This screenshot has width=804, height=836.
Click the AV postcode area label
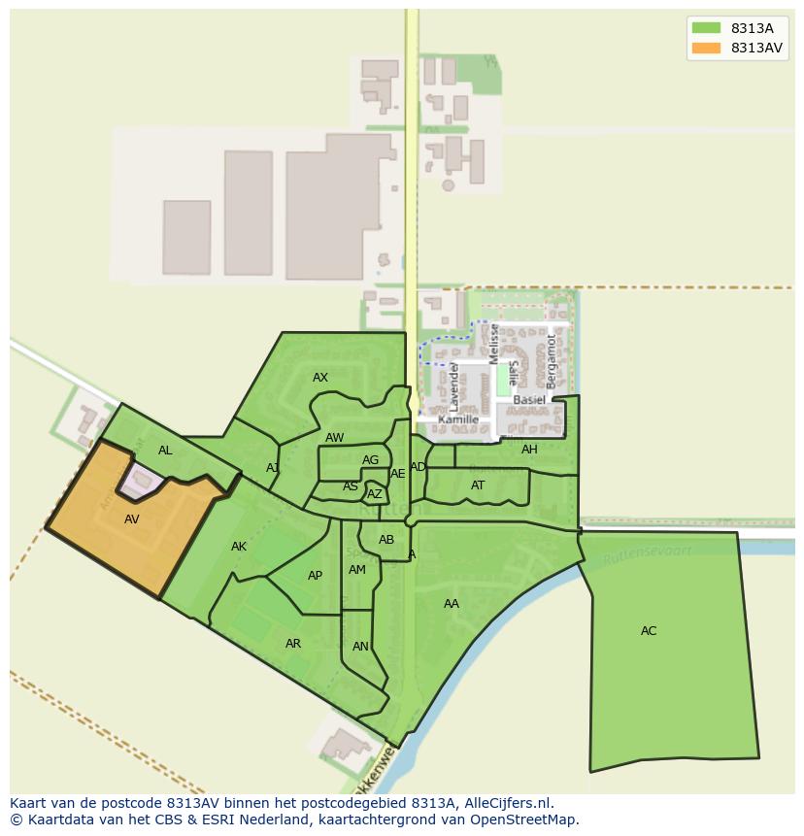coord(132,519)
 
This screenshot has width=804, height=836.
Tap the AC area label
coord(649,631)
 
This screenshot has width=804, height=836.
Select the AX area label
coord(320,378)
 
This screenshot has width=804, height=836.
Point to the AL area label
coord(165,451)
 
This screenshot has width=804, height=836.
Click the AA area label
coord(452,604)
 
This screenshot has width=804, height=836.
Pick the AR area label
coord(293,644)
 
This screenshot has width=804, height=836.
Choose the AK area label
coord(239,547)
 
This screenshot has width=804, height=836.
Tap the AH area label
coord(529,450)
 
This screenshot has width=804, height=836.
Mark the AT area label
coord(478,485)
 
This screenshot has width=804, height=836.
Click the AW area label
coord(335,438)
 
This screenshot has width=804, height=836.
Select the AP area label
coord(315,576)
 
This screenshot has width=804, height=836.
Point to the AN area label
coord(360,647)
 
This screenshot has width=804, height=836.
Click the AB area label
coord(386,540)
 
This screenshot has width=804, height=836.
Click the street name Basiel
coord(529,400)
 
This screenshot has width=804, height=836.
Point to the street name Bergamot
coord(552,361)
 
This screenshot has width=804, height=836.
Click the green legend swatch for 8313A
coord(706,28)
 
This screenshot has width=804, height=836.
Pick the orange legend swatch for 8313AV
coord(706,48)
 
